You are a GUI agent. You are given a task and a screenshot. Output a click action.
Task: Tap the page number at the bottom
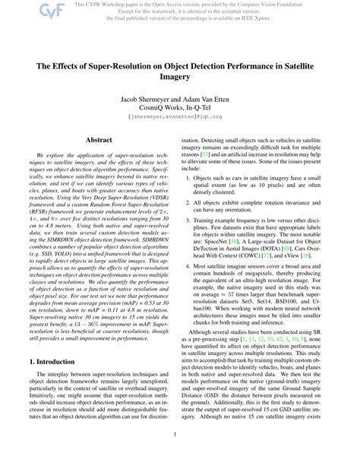point(180,456)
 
